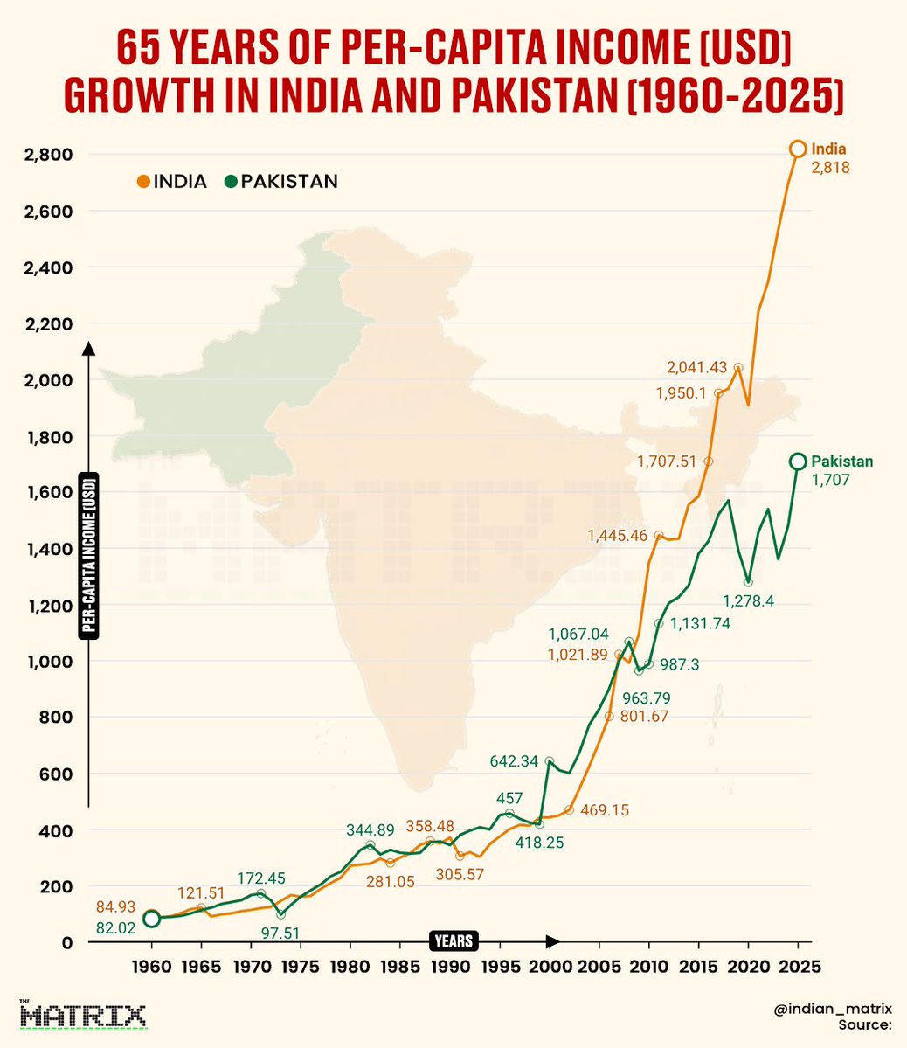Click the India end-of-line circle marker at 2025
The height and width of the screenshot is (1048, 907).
tap(797, 149)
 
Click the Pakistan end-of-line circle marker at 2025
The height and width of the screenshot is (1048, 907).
tap(797, 462)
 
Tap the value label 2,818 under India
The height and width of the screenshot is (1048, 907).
tap(831, 168)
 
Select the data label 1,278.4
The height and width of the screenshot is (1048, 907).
tap(748, 601)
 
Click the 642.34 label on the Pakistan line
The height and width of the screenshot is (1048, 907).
tap(513, 761)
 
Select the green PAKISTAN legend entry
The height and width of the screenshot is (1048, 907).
tap(280, 182)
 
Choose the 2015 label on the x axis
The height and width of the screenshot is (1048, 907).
tap(698, 968)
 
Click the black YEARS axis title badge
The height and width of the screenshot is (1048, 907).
tap(454, 940)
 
